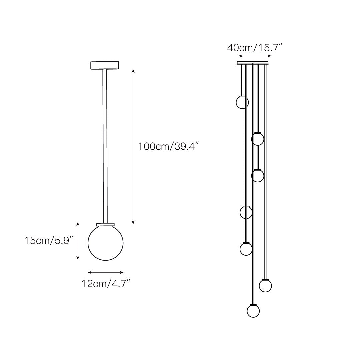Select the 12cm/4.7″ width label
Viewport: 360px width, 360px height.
[106, 284]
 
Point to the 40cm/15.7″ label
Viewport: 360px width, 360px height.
[254, 48]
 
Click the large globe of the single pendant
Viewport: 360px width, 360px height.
[106, 243]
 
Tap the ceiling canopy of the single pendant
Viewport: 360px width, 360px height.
[105, 65]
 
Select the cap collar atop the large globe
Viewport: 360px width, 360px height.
[105, 224]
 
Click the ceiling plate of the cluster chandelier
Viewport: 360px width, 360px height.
[253, 63]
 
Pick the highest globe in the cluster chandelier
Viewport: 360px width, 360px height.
[242, 102]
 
